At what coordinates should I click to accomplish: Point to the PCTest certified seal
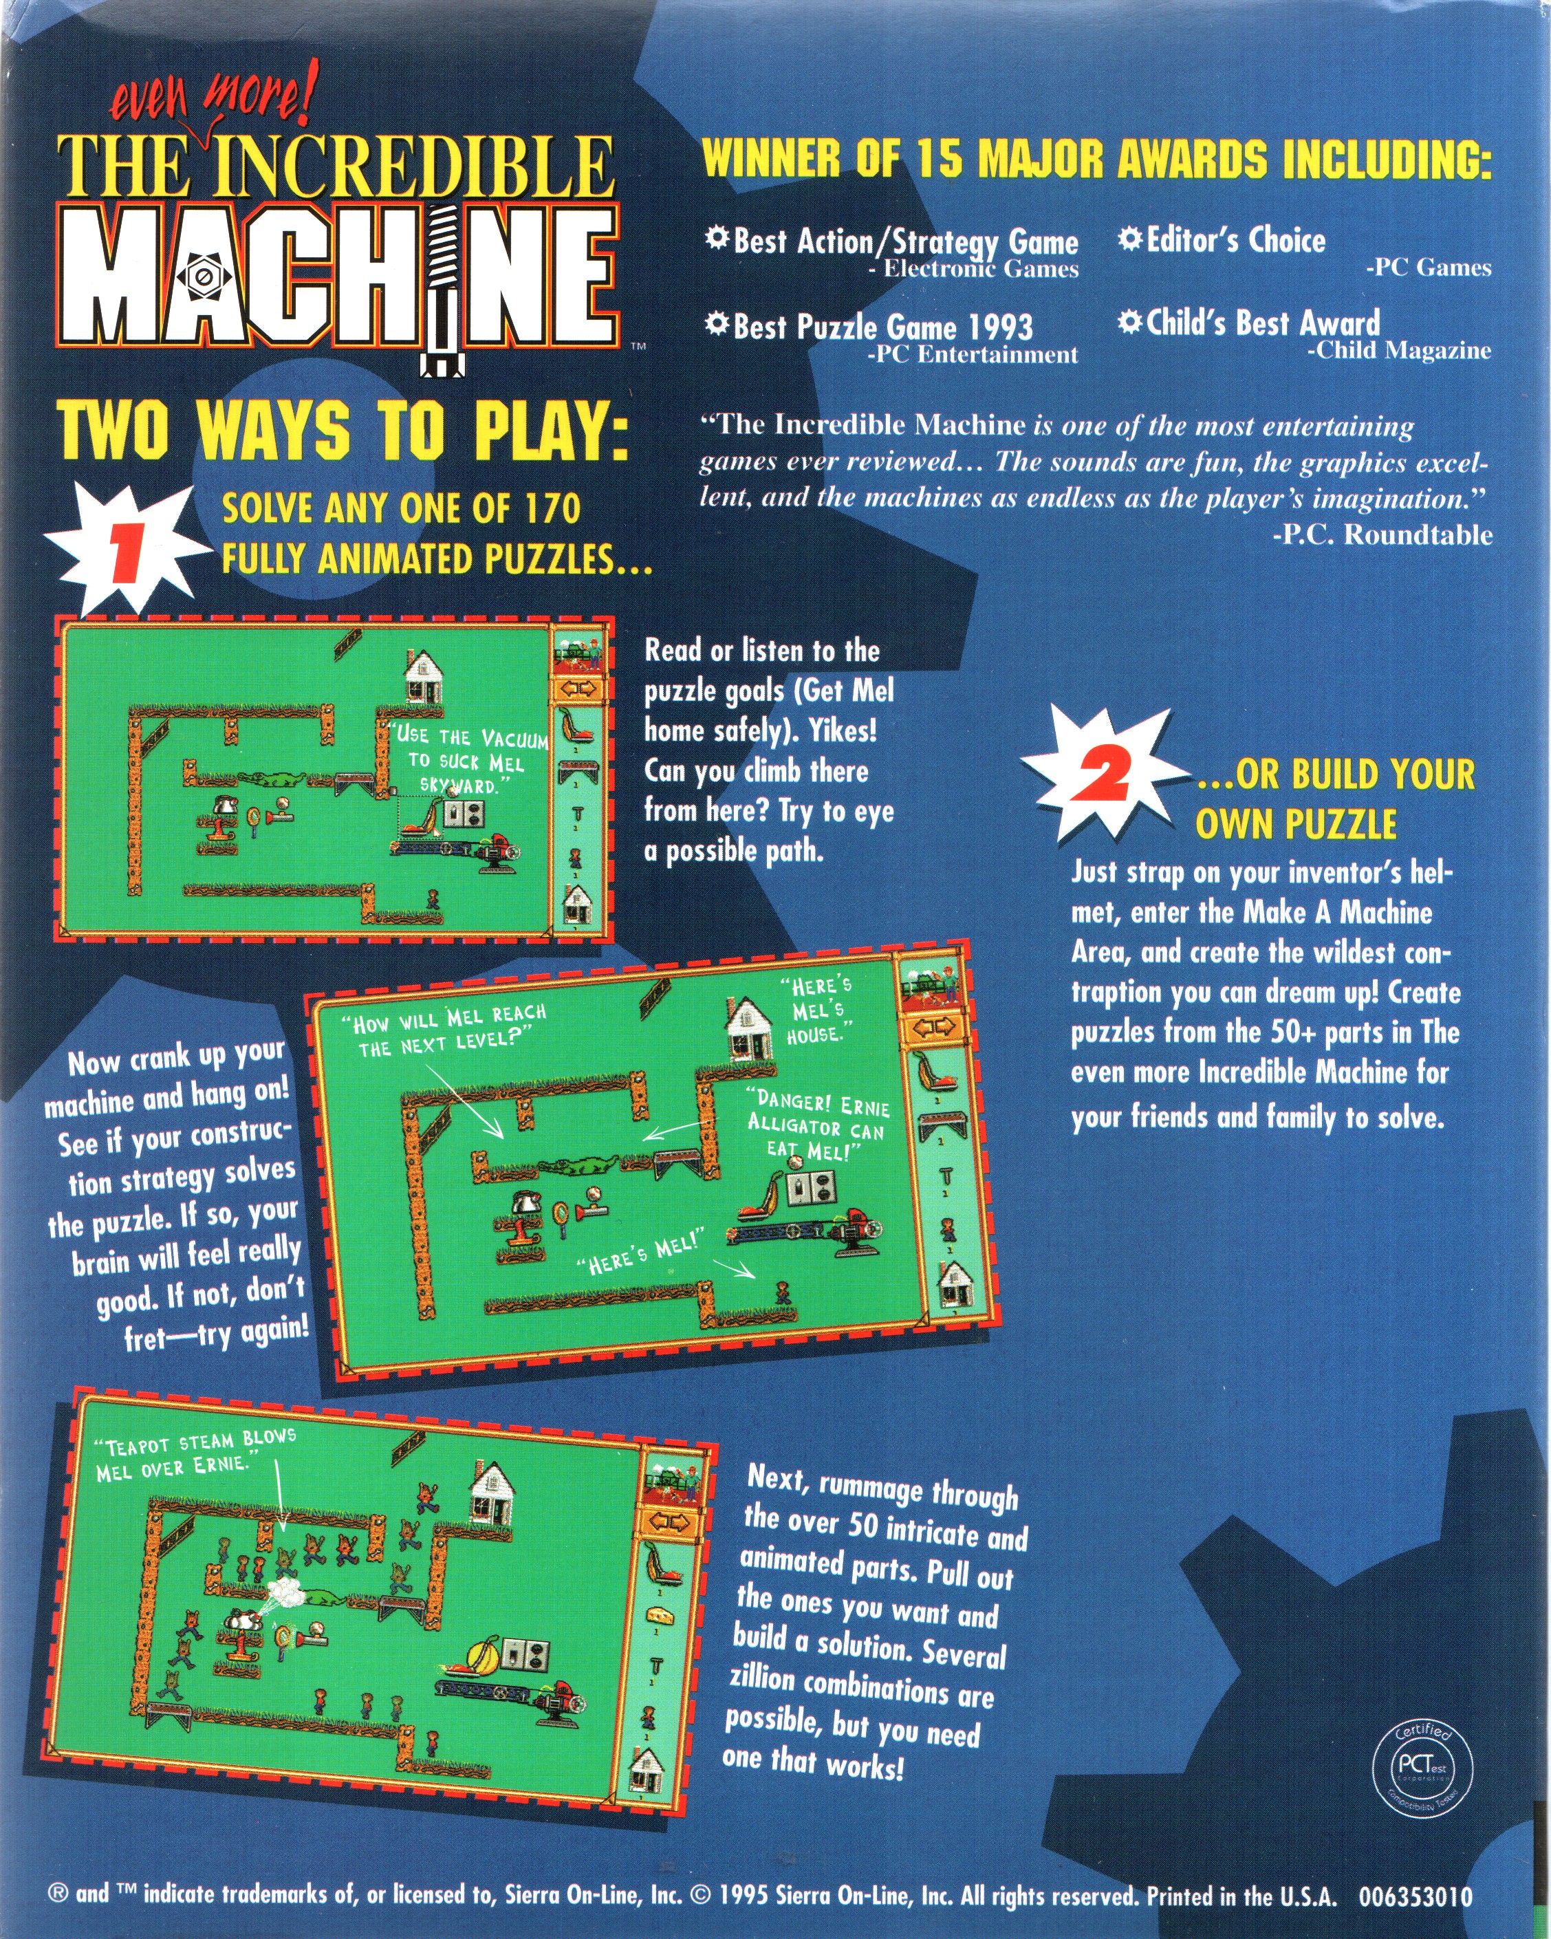pos(1420,1766)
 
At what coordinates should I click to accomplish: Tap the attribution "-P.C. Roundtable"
pos(1382,534)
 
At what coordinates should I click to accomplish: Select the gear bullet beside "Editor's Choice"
pos(1130,238)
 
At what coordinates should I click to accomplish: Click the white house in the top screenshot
pos(422,675)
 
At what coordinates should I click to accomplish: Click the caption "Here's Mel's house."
pos(817,1009)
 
